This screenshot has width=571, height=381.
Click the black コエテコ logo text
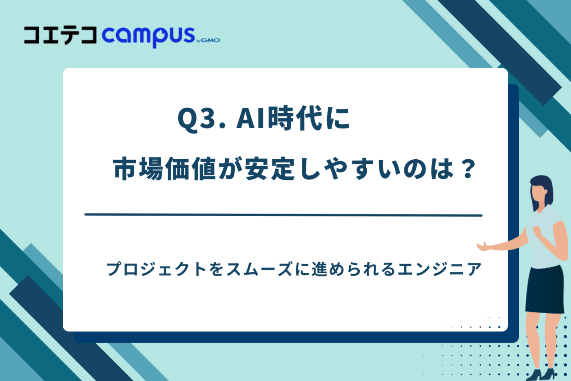(60, 36)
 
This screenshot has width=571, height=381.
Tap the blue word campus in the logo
(148, 36)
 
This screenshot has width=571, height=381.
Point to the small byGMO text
(209, 40)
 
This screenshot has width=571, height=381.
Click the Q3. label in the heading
(201, 119)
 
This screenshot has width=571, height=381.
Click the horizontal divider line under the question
(283, 215)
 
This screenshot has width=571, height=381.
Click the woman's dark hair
(545, 187)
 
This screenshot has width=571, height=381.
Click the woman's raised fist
(537, 231)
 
